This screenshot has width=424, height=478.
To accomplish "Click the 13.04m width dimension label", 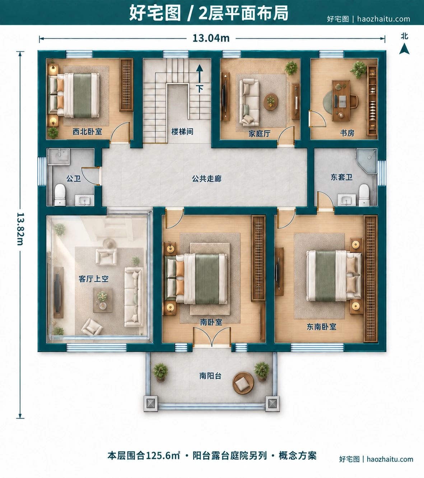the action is pyautogui.click(x=211, y=38).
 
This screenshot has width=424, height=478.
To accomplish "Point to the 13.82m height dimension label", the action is pyautogui.click(x=20, y=229).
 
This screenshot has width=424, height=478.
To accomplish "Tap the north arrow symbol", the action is pyautogui.click(x=404, y=48).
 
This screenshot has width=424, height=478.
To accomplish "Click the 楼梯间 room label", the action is pyautogui.click(x=182, y=131).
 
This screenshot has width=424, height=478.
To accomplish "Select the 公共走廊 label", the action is pyautogui.click(x=206, y=178).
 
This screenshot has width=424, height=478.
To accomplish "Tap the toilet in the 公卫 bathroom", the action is pyautogui.click(x=60, y=195).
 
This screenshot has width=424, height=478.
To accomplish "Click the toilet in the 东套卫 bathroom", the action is pyautogui.click(x=364, y=195).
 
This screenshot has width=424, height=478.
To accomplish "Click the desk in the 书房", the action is pyautogui.click(x=341, y=101).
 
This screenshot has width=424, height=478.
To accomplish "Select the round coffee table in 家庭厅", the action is pyautogui.click(x=270, y=102).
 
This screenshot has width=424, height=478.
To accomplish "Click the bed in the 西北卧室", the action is pyautogui.click(x=74, y=95).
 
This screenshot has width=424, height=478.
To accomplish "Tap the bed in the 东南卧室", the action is pyautogui.click(x=334, y=275).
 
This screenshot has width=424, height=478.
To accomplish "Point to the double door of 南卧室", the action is pyautogui.click(x=212, y=337).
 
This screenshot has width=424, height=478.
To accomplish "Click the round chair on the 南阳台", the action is pyautogui.click(x=243, y=383).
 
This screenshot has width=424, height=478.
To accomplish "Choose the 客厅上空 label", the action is pyautogui.click(x=94, y=279).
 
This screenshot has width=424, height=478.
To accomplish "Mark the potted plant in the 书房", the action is pyautogui.click(x=358, y=69).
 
